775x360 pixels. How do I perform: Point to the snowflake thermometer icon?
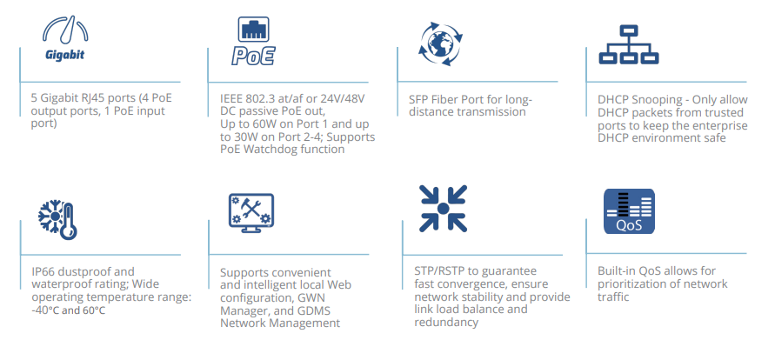click(x=57, y=220)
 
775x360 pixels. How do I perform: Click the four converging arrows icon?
click(x=444, y=209)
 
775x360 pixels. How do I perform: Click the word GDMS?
click(x=313, y=310)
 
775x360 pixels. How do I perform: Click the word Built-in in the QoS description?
click(x=611, y=271)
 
